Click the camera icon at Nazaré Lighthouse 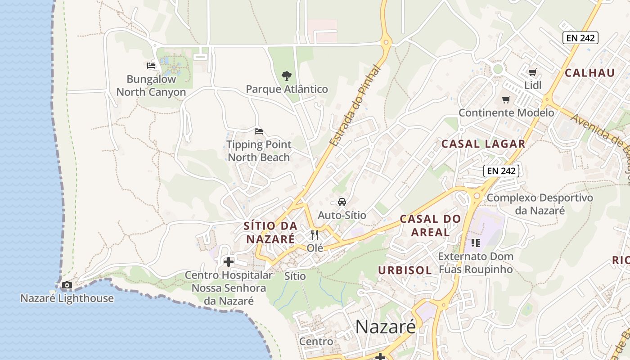pyautogui.click(x=67, y=285)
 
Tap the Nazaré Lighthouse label pyautogui.click(x=67, y=298)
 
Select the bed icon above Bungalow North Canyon pyautogui.click(x=151, y=66)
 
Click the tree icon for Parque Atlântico pyautogui.click(x=286, y=76)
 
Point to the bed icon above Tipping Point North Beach pyautogui.click(x=258, y=131)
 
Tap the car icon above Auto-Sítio pyautogui.click(x=342, y=202)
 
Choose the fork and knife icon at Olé pyautogui.click(x=315, y=234)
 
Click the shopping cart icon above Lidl pyautogui.click(x=533, y=72)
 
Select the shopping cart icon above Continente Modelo pyautogui.click(x=506, y=99)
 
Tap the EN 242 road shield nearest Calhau pyautogui.click(x=580, y=38)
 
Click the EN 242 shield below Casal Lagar pyautogui.click(x=501, y=171)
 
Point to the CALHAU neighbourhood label pyautogui.click(x=589, y=73)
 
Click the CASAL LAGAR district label pyautogui.click(x=483, y=144)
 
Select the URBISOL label pyautogui.click(x=405, y=270)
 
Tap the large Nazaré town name pyautogui.click(x=386, y=327)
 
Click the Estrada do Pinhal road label pyautogui.click(x=355, y=106)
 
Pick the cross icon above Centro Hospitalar pyautogui.click(x=229, y=261)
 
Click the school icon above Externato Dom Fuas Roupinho pyautogui.click(x=476, y=243)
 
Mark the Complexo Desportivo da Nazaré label pyautogui.click(x=540, y=204)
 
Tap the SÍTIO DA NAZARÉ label pyautogui.click(x=270, y=232)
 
